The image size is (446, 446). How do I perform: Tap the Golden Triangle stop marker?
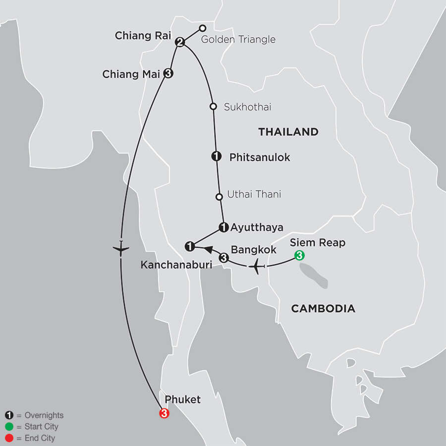(202, 28)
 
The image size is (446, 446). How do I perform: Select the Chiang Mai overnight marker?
(168, 73)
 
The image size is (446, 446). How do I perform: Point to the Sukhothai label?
(247, 107)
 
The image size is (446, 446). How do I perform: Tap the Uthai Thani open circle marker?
(219, 197)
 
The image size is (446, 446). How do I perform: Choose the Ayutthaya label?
(257, 227)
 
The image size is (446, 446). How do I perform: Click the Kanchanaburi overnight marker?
(189, 245)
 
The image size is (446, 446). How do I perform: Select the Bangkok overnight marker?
(223, 258)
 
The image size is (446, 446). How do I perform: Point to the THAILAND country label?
(287, 132)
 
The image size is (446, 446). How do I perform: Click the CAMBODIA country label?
(323, 309)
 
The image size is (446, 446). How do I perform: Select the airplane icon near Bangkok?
(256, 267)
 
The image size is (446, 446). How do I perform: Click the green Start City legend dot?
(9, 427)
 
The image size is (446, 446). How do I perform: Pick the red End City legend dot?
(9, 438)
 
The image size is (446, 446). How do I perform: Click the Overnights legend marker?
(9, 415)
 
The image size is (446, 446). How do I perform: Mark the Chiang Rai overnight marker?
(180, 43)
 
